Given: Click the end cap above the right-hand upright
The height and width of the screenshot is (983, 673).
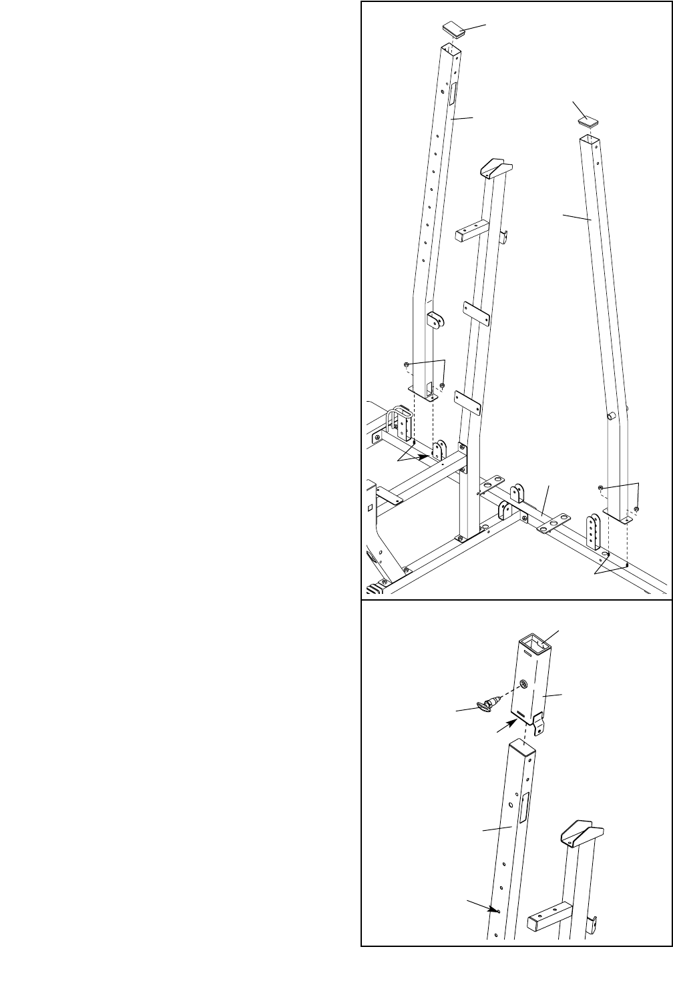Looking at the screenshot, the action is coord(588,121).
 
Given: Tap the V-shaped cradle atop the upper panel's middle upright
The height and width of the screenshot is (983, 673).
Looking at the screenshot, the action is coord(495,168).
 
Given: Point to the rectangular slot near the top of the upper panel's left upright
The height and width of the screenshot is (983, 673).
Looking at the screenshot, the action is coord(451,94).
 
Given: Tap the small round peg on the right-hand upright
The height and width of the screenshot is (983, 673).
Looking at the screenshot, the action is coord(609,415).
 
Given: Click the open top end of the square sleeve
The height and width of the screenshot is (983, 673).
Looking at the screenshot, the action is coord(536,645).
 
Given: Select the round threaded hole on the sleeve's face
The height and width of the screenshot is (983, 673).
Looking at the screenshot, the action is coord(524,685).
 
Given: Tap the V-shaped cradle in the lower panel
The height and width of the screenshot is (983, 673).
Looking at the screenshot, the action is coord(581,832).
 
